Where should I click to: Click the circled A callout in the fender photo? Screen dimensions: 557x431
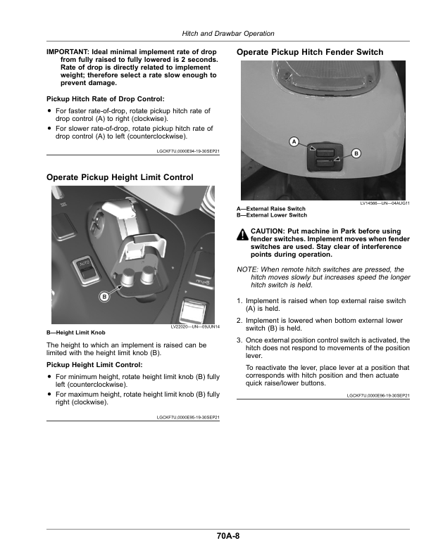pos(293,143)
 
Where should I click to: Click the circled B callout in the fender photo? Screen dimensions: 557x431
pos(356,153)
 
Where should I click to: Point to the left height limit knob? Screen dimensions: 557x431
pos(127,276)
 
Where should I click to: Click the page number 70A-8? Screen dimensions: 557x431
pos(229,536)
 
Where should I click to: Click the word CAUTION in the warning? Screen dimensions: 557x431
pos(267,231)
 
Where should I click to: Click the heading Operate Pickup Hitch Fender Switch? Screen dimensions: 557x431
pos(310,52)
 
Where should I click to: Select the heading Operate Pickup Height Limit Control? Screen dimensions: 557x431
pos(120,177)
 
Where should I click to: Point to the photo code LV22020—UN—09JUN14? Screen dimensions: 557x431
pos(195,327)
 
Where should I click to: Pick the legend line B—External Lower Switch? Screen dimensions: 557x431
pos(271,215)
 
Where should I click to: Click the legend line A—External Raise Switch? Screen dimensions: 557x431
pos(271,209)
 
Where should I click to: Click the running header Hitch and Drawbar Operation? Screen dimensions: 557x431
pos(229,34)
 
